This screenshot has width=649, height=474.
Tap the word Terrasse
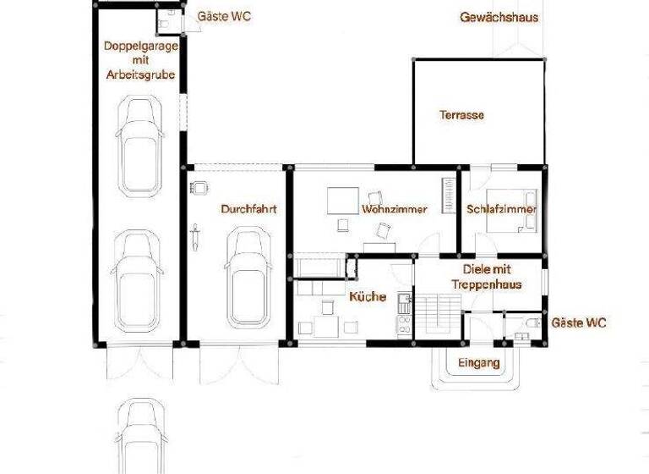(461, 115)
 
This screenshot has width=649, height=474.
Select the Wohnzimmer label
(394, 208)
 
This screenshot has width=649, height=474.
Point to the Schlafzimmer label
(500, 209)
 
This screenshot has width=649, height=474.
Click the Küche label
(368, 297)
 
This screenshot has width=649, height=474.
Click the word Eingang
(478, 363)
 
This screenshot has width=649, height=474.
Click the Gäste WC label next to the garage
(224, 16)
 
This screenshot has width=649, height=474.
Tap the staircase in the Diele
(437, 315)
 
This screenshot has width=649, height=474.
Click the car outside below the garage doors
(138, 437)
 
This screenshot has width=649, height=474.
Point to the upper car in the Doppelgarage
(141, 144)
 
